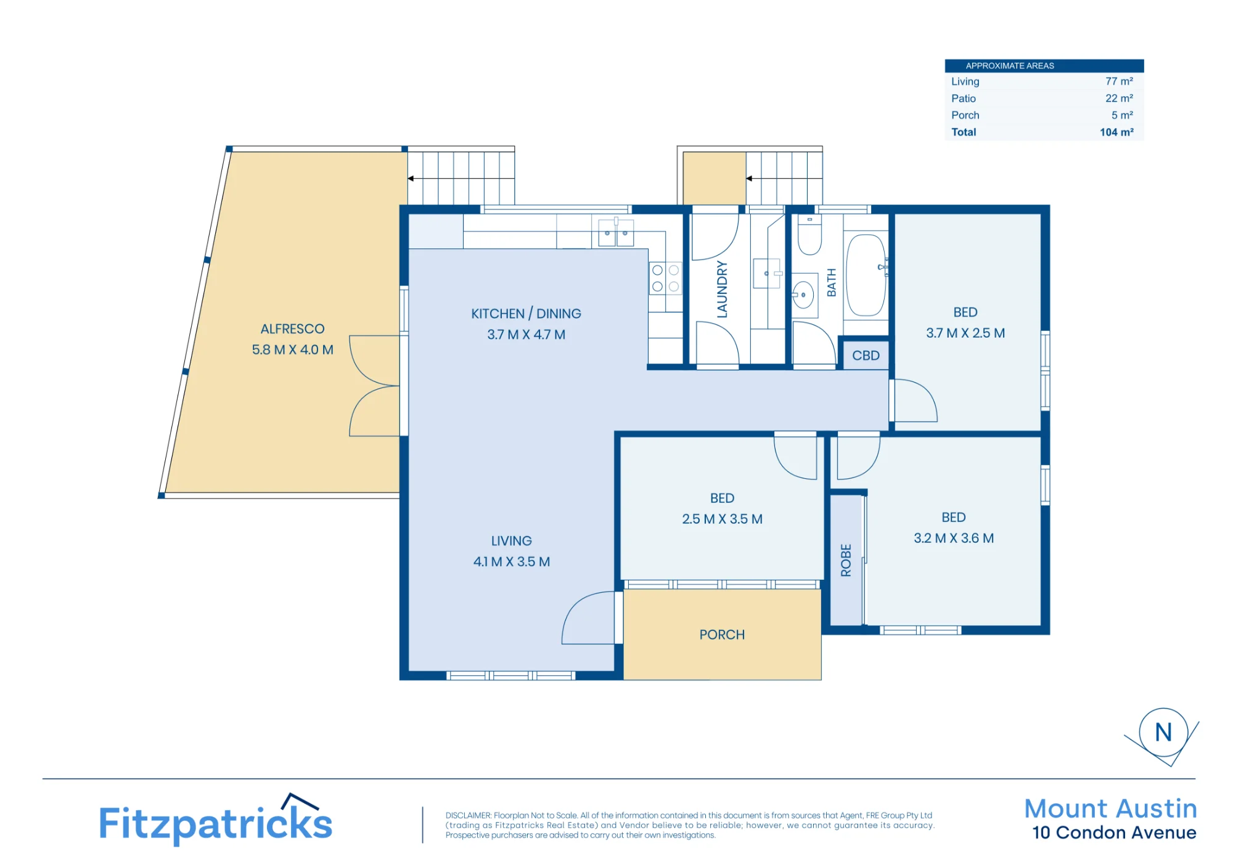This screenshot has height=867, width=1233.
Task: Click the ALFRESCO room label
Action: pyautogui.click(x=292, y=329)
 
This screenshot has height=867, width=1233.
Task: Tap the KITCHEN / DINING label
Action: pyautogui.click(x=526, y=314)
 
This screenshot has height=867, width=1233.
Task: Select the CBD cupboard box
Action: pyautogui.click(x=866, y=356)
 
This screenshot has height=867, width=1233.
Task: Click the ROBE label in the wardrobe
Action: pyautogui.click(x=846, y=560)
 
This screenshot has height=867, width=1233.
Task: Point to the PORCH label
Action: pyautogui.click(x=722, y=635)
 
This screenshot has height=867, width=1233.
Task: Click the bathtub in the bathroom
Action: pyautogui.click(x=866, y=275)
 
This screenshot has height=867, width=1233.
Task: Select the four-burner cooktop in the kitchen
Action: pyautogui.click(x=665, y=279)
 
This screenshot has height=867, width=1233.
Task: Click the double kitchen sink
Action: pyautogui.click(x=616, y=233)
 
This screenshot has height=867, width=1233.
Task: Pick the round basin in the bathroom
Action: pyautogui.click(x=803, y=295)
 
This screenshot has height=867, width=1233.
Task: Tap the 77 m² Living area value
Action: pyautogui.click(x=1119, y=81)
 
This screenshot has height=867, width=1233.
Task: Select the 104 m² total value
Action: pyautogui.click(x=1116, y=132)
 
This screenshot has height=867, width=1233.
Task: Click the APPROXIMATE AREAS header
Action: pyautogui.click(x=1010, y=66)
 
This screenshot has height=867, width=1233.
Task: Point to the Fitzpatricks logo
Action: pyautogui.click(x=216, y=820)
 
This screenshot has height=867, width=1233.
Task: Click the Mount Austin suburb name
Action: pyautogui.click(x=1110, y=808)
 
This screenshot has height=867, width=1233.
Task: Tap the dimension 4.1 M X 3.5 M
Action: pyautogui.click(x=511, y=562)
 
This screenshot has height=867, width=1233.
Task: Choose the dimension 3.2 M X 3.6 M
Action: pyautogui.click(x=954, y=539)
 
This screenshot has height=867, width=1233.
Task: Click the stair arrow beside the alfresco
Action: pyautogui.click(x=461, y=179)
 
